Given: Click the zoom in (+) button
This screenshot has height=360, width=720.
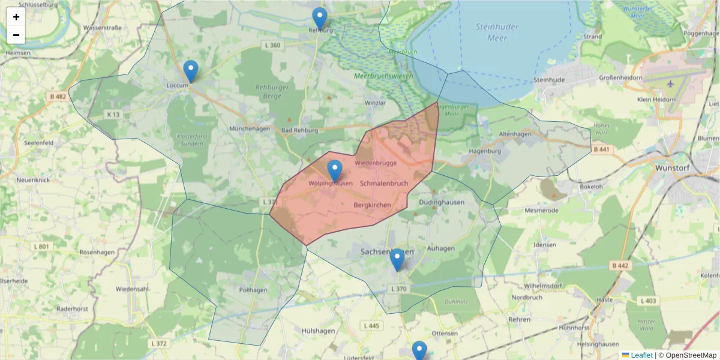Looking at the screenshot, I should pos(16,17).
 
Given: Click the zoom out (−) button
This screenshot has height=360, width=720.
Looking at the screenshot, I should pos(16,35).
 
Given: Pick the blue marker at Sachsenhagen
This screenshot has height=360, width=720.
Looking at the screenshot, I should pos(397,260).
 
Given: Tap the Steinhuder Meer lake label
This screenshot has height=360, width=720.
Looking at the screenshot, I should pos(491,32).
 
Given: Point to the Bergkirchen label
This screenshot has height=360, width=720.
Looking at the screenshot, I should pos(373,205).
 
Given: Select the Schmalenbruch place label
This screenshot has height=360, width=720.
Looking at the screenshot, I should pos(384,183).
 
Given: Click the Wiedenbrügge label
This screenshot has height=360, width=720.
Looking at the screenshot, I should pos(376,163).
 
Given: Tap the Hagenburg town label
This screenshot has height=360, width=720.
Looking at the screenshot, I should pos(485,151).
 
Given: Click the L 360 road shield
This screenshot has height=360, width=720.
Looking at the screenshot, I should pos(272,46).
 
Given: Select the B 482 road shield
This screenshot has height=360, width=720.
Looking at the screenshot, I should pos(59,97).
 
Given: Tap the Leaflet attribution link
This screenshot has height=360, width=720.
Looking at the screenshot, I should pos(640,355).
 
